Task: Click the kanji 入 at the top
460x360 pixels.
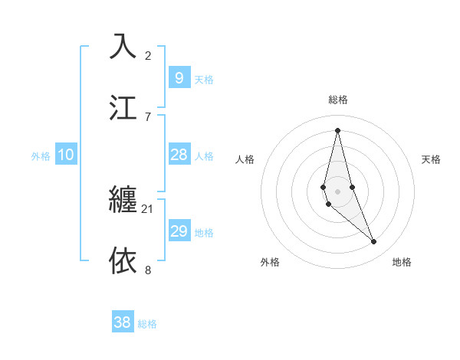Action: click(123, 46)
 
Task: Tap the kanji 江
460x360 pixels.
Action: click(123, 107)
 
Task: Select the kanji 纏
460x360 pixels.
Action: click(123, 200)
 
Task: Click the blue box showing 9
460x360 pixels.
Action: click(179, 77)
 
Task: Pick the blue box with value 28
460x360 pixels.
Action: click(179, 155)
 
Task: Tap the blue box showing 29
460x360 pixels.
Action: click(179, 231)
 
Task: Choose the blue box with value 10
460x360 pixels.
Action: click(66, 155)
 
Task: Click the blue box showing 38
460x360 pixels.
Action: click(122, 322)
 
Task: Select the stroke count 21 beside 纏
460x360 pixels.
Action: click(148, 208)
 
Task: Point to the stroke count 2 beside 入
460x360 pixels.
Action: click(148, 55)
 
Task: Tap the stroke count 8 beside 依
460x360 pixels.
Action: click(148, 270)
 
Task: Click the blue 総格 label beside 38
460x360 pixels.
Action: click(147, 324)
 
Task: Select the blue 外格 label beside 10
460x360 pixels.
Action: click(41, 156)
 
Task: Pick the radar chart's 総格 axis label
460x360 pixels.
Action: click(338, 100)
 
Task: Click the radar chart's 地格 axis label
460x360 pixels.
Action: click(402, 263)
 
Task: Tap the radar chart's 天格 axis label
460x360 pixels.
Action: click(432, 159)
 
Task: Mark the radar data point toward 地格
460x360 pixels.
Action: click(374, 242)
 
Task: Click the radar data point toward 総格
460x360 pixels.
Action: click(338, 130)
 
